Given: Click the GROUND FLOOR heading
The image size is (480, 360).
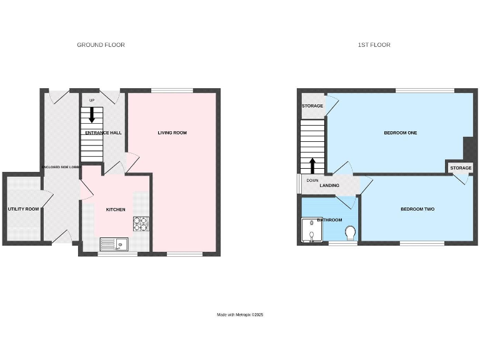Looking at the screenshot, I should pyautogui.click(x=101, y=45).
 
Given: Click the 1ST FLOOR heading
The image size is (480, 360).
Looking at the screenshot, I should pyautogui.click(x=374, y=45).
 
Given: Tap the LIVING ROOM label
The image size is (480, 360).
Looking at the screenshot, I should pyautogui.click(x=172, y=132).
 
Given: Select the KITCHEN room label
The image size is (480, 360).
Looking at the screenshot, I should pyautogui.click(x=116, y=209).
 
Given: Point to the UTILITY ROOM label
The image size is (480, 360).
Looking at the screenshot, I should pyautogui.click(x=23, y=209).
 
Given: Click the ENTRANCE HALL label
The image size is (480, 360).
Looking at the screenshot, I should pyautogui.click(x=104, y=132).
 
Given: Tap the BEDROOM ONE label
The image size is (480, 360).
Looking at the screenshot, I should pyautogui.click(x=401, y=132).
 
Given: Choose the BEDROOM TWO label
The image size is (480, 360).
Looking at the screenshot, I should pyautogui.click(x=417, y=209).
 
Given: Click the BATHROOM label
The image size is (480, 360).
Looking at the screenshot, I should pyautogui.click(x=329, y=220).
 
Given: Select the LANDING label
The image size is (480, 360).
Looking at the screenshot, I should pyautogui.click(x=329, y=186).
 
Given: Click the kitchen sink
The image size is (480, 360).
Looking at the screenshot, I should pyautogui.click(x=114, y=244).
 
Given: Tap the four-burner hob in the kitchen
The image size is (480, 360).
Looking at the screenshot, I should pyautogui.click(x=141, y=223).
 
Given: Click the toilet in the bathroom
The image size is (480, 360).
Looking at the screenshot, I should pyautogui.click(x=350, y=233).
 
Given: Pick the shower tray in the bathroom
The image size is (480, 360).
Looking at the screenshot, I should pyautogui.click(x=310, y=230).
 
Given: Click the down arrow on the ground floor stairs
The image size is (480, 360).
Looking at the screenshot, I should pyautogui.click(x=92, y=114).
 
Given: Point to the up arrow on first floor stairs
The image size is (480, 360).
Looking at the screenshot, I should pyautogui.click(x=312, y=166).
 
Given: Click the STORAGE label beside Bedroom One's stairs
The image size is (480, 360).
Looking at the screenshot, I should pyautogui.click(x=312, y=106).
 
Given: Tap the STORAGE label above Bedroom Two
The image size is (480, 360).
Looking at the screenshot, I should pyautogui.click(x=461, y=168).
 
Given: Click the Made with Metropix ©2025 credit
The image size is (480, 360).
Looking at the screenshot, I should pyautogui.click(x=240, y=314).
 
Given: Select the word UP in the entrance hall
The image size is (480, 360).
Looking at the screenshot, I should pyautogui.click(x=92, y=100).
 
